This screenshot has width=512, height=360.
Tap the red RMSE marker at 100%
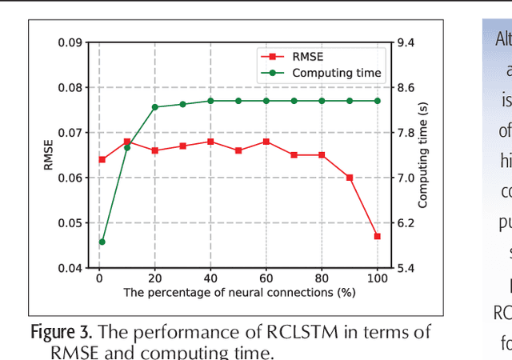coord(378,236)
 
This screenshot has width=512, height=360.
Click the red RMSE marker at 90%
coord(350,177)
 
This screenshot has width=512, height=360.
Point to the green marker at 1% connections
coord(102,242)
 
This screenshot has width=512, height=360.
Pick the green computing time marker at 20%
coord(155,106)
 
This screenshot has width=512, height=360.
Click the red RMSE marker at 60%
coord(266,142)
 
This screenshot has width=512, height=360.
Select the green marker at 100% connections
coord(378,101)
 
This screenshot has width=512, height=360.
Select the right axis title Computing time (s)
coord(423,155)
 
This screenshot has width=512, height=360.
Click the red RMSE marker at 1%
coord(102,159)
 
